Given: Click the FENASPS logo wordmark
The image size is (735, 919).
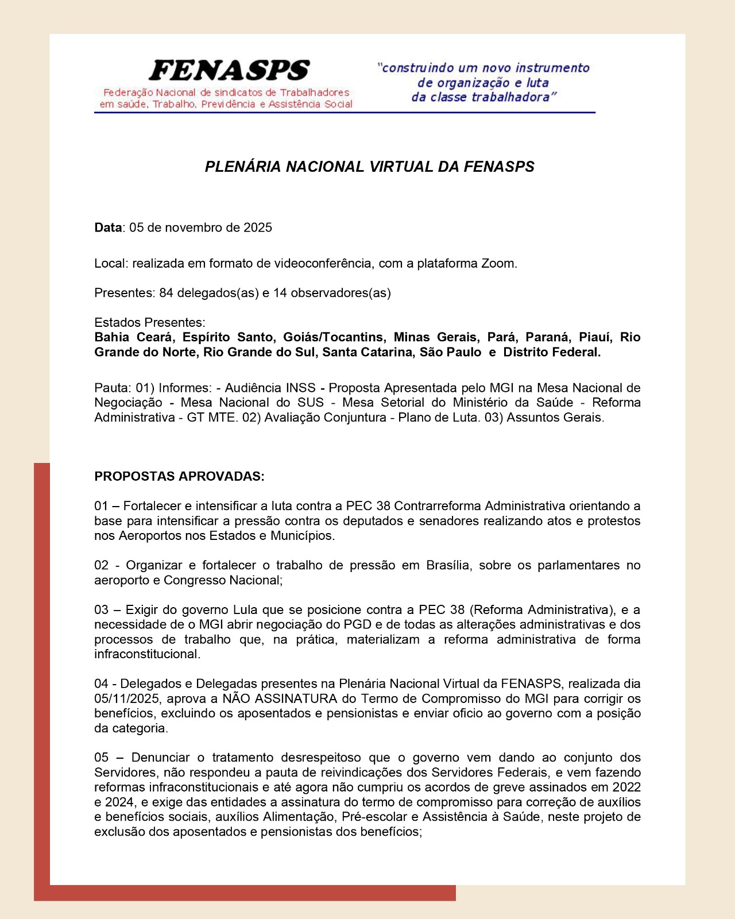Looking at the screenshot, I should click(x=229, y=71).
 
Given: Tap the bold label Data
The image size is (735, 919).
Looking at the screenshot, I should click(x=108, y=227).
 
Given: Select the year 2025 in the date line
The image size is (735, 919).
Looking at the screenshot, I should click(x=258, y=227).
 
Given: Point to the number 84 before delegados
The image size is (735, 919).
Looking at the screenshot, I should click(x=167, y=293).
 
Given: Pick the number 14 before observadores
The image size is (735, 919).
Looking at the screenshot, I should click(x=280, y=293).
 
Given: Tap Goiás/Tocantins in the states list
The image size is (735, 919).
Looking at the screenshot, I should click(x=333, y=337).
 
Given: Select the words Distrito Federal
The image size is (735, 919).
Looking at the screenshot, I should click(x=551, y=352).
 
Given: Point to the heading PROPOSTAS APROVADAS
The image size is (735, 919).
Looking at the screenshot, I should click(x=179, y=477).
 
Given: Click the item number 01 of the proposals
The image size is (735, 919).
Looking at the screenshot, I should click(x=101, y=506).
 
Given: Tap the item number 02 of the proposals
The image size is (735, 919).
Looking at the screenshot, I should click(x=101, y=565).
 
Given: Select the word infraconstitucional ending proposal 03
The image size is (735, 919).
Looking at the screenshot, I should click(x=147, y=654).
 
